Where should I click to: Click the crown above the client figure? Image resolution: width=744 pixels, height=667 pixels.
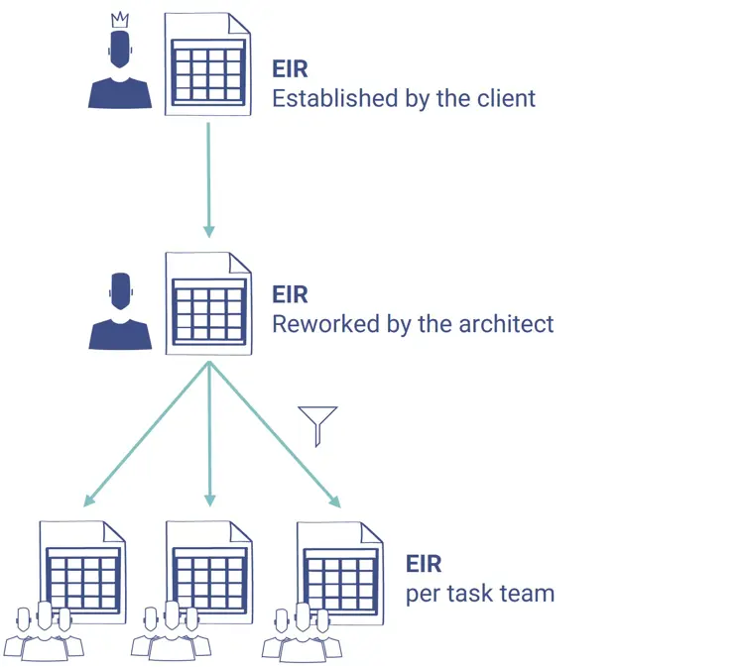pos(120,20)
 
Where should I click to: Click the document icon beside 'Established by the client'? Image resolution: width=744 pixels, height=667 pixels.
pos(208,64)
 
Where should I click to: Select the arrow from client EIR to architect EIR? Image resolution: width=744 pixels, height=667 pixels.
pos(208,178)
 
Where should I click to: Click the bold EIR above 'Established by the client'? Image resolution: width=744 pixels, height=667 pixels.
pos(290,69)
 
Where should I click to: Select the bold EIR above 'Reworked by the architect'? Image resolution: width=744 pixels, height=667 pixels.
pos(290,294)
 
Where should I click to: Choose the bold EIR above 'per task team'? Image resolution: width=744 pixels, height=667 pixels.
pos(424,565)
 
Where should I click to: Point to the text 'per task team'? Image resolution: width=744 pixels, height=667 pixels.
pos(479,595)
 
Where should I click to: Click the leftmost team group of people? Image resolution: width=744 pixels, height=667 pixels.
pos(42,634)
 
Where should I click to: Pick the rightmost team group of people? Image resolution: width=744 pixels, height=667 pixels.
pos(302,634)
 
